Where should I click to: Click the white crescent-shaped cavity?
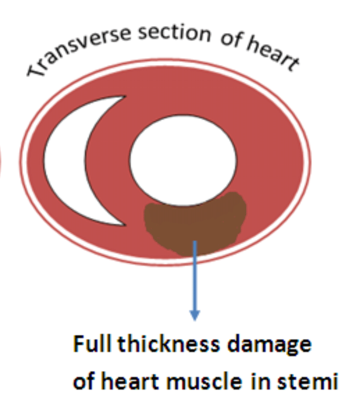pyautogui.click(x=64, y=161)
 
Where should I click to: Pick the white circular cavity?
pyautogui.click(x=183, y=160)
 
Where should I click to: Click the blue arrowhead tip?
pyautogui.click(x=195, y=320)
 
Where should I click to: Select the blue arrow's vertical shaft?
pyautogui.click(x=195, y=276)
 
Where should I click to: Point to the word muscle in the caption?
pyautogui.click(x=204, y=381)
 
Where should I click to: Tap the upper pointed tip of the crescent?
pyautogui.click(x=126, y=96)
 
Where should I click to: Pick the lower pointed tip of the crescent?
pyautogui.click(x=126, y=226)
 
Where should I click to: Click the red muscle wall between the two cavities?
pyautogui.click(x=107, y=161)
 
